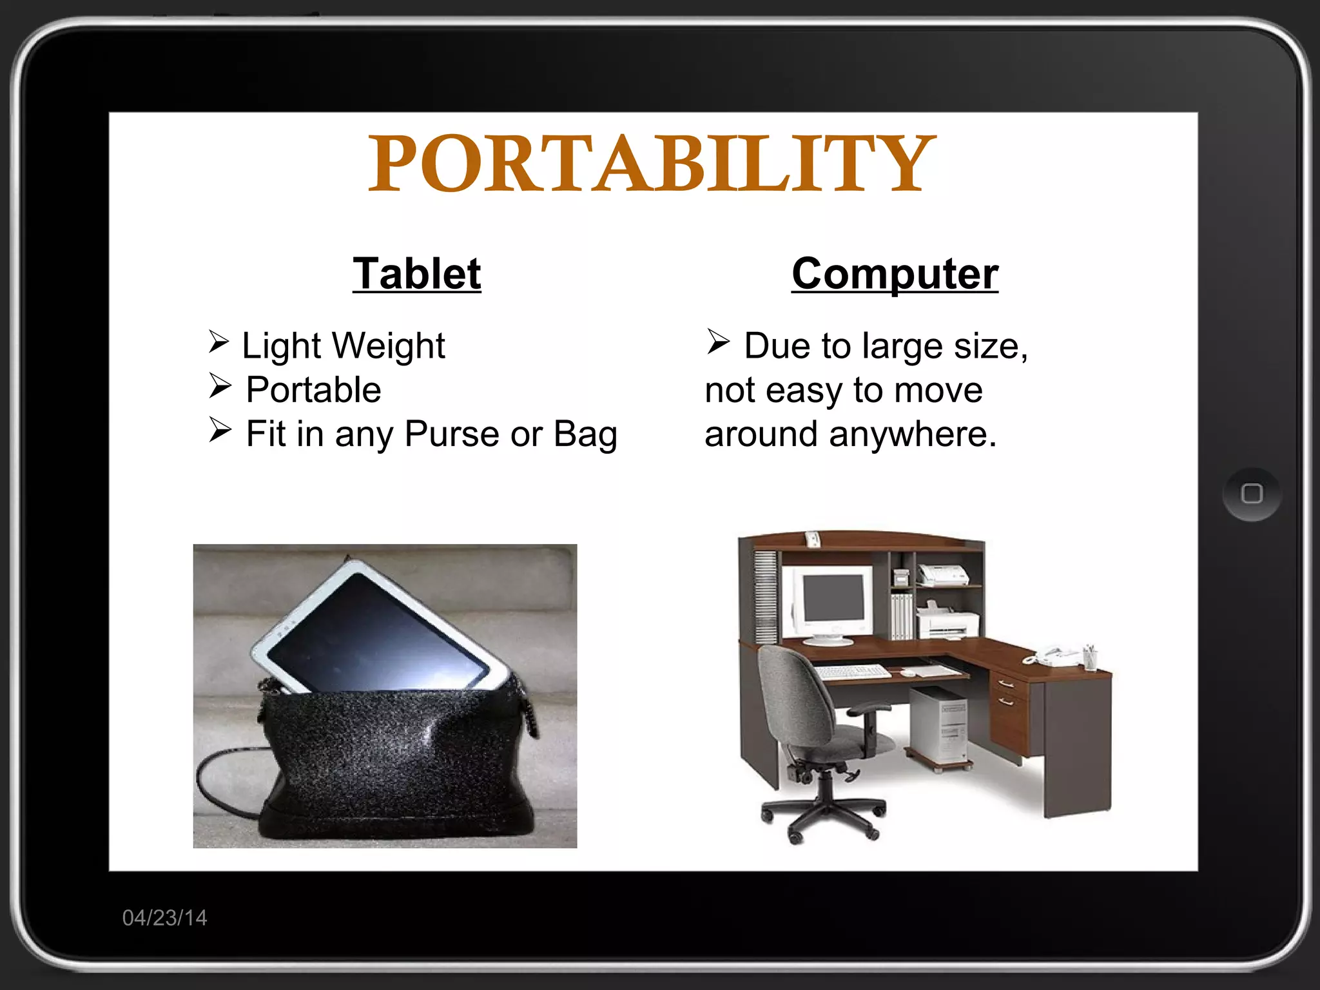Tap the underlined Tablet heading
(417, 274)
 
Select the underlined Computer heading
(895, 274)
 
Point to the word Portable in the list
(314, 390)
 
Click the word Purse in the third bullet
(452, 434)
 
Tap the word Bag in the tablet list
(585, 434)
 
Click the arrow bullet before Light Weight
(219, 342)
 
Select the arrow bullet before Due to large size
(717, 342)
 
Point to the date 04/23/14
(165, 918)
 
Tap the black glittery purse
(400, 761)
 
